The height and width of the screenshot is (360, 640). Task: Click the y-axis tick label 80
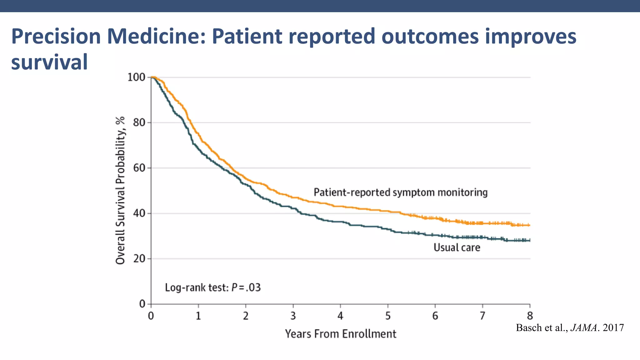139,122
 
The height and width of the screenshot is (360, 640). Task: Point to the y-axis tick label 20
139,259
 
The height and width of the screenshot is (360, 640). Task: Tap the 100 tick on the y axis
136,77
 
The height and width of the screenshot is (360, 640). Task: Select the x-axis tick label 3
293,316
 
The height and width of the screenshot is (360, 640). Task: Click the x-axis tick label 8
530,316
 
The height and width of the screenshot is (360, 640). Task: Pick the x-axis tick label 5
388,316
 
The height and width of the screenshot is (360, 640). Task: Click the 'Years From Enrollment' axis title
340,334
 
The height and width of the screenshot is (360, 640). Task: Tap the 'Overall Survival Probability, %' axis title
120,190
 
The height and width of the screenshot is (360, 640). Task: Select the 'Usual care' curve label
457,247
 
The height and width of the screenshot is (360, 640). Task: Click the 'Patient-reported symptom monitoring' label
400,192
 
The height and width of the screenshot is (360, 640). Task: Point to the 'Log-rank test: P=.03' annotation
212,287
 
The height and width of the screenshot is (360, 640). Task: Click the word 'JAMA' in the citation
584,327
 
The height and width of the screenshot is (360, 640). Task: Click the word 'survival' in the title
49,62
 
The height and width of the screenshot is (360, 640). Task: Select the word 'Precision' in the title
56,36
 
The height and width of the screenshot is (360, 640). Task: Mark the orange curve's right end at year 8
529,225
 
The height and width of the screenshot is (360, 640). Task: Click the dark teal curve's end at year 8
529,240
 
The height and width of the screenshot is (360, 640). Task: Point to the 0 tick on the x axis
151,316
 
